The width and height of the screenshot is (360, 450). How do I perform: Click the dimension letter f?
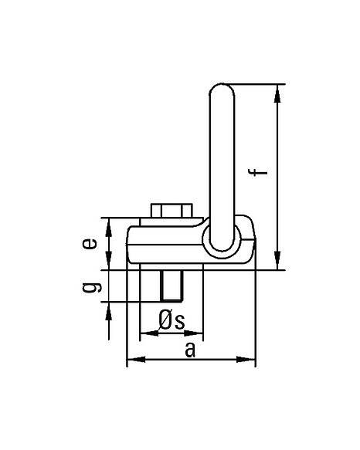(257, 172)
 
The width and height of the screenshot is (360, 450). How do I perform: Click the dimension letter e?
(90, 244)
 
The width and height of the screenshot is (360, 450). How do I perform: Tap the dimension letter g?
(91, 287)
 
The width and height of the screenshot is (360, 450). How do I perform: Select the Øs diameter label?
(172, 320)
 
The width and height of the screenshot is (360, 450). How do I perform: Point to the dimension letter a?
(190, 350)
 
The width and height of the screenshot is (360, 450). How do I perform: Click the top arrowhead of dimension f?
(277, 93)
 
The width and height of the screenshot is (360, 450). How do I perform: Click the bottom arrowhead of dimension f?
(277, 260)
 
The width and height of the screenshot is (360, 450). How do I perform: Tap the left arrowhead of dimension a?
(136, 359)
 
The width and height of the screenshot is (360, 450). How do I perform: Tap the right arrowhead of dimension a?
(246, 359)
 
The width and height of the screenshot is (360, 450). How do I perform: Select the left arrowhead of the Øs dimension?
(149, 333)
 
